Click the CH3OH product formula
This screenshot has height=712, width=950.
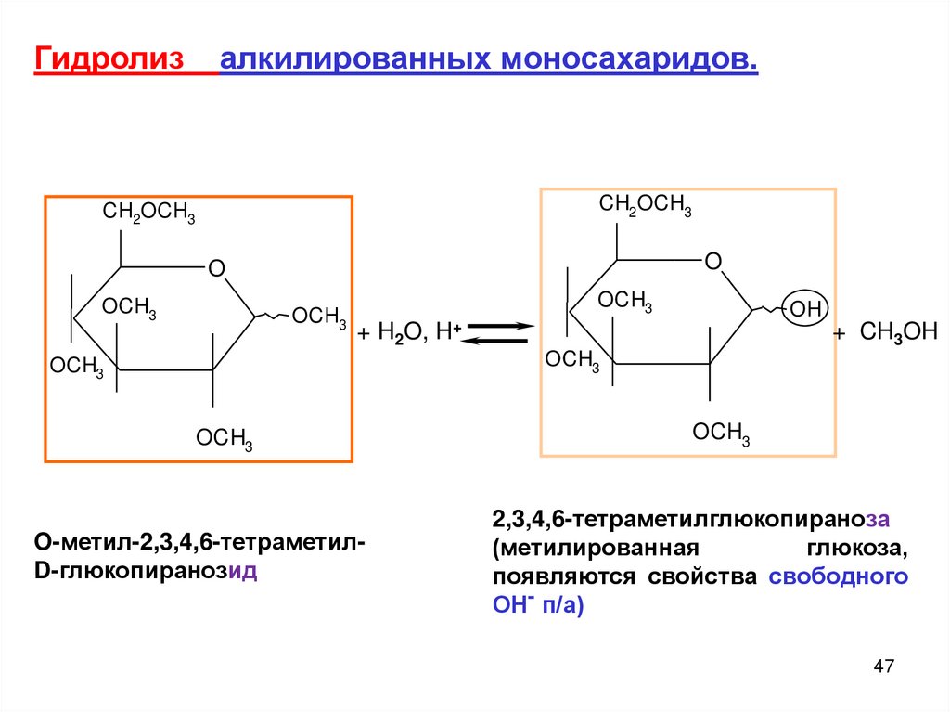[x=899, y=332]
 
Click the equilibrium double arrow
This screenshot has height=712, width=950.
[x=498, y=333]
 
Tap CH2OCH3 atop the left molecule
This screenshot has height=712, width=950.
[x=148, y=214]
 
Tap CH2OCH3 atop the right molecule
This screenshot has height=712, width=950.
[x=645, y=205]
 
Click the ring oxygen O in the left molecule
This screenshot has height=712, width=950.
[x=216, y=269]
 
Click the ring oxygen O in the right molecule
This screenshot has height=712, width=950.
[x=712, y=262]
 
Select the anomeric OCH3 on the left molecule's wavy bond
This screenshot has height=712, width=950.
[x=319, y=317]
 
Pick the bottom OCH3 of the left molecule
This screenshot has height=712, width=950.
[x=224, y=438]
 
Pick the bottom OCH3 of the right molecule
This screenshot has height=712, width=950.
[x=721, y=432]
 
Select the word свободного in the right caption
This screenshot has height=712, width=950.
[x=838, y=576]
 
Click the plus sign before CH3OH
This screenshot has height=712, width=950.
[x=841, y=334]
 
